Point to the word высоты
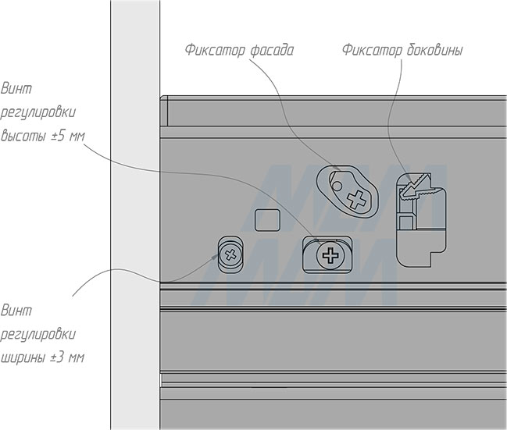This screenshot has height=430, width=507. point(24,133)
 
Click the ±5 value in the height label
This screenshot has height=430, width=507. point(59,133)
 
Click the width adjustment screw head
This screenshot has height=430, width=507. point(230,254)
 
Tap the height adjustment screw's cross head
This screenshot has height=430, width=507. point(329,254)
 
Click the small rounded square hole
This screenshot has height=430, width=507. point(268,219)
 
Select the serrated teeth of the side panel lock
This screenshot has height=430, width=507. point(418,184)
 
